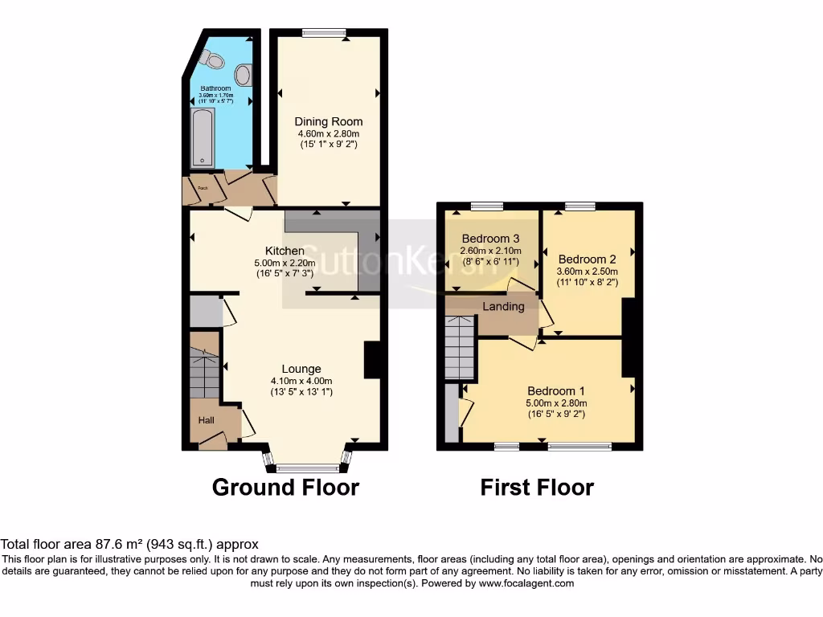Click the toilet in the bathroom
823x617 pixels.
click(x=213, y=59)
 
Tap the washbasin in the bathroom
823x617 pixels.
click(x=244, y=75)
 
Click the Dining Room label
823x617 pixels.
click(x=328, y=122)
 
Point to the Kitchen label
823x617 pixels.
click(x=285, y=251)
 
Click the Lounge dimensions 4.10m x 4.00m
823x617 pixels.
click(x=301, y=381)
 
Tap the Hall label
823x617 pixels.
click(x=207, y=419)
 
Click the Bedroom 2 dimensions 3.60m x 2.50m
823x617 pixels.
click(x=588, y=272)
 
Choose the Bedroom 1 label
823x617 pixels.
click(x=556, y=391)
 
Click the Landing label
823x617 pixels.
click(x=503, y=306)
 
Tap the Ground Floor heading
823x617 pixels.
click(x=285, y=487)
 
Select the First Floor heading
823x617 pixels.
click(x=537, y=487)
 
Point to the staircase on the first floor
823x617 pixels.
click(x=461, y=347)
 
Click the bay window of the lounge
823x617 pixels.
click(x=309, y=467)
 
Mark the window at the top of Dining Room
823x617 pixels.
click(x=324, y=33)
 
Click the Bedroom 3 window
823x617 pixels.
click(x=486, y=206)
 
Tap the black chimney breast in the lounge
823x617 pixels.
click(x=373, y=359)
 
